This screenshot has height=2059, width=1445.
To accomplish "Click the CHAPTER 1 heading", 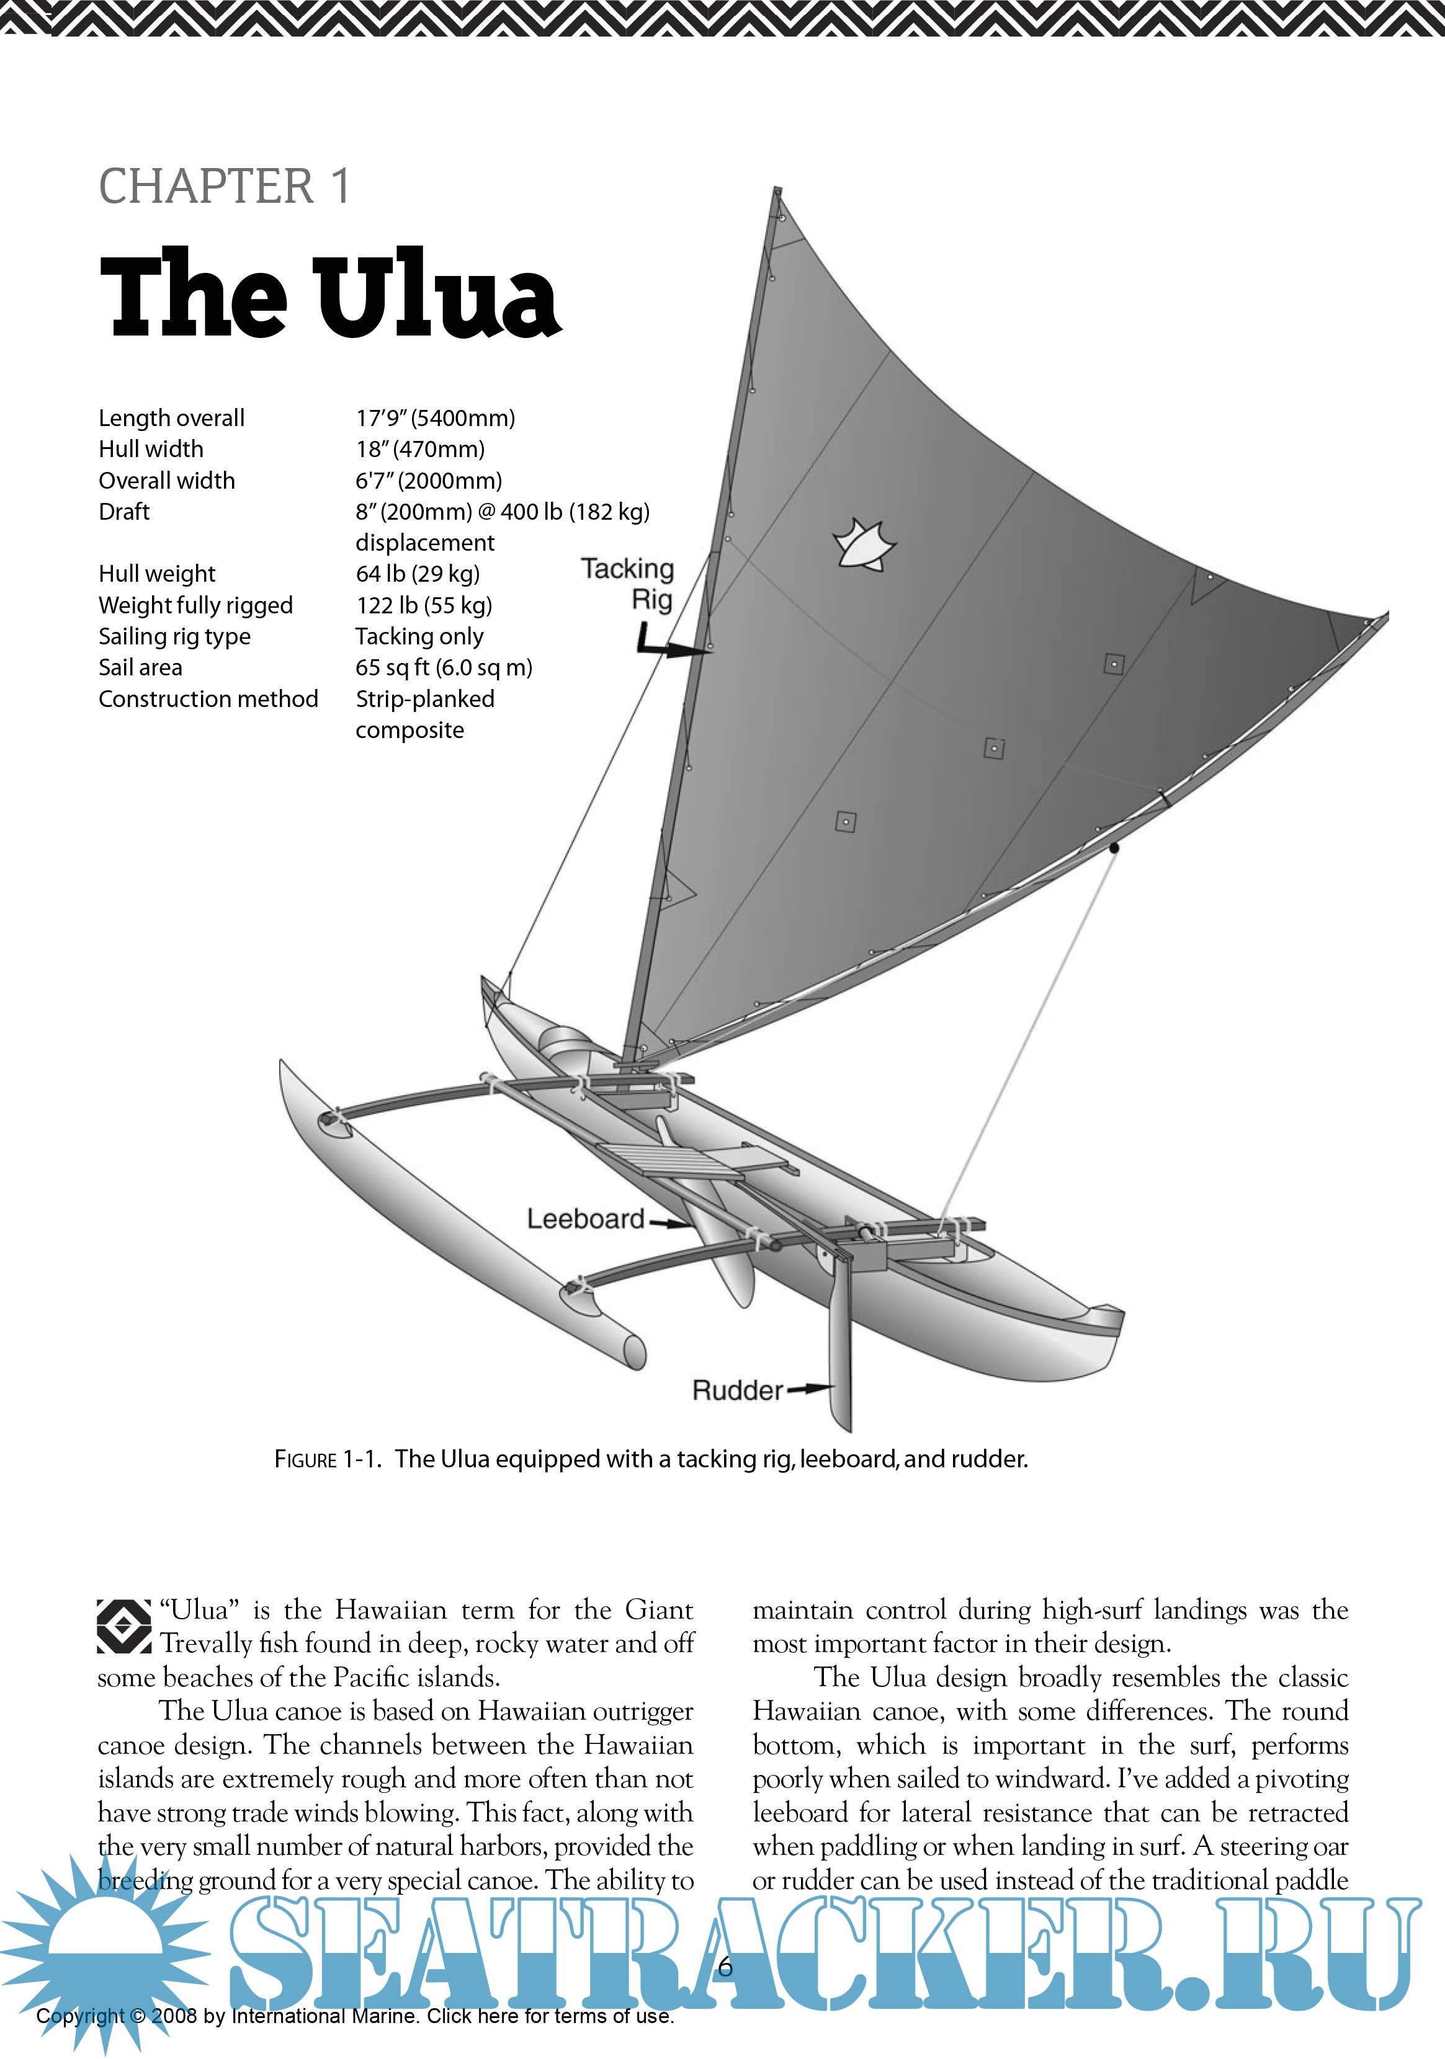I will (x=224, y=187).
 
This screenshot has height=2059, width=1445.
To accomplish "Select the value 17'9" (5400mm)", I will (x=435, y=418).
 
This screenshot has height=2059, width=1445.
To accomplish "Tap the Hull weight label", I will (x=157, y=574).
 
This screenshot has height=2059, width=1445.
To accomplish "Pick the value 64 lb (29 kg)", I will (x=417, y=574).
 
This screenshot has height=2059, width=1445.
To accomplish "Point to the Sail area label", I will (x=140, y=667).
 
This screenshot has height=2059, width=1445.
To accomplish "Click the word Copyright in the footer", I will (x=80, y=2016).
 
